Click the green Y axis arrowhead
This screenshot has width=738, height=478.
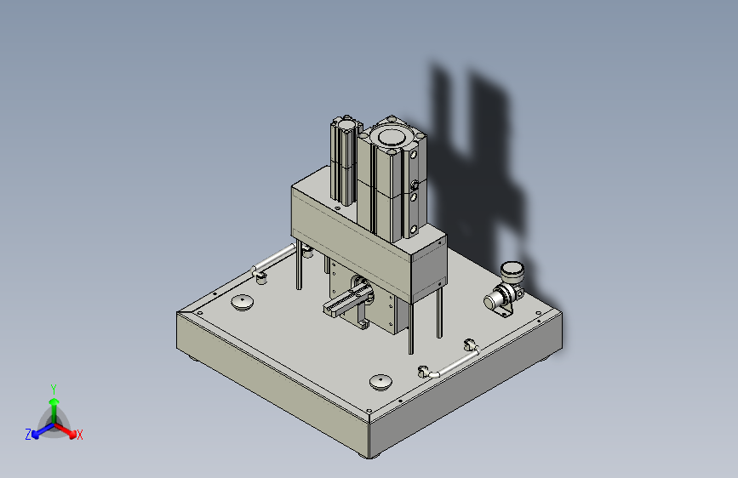tap(54, 401)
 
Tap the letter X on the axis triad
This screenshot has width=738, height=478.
tap(79, 435)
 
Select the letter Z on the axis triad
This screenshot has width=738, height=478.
tap(28, 435)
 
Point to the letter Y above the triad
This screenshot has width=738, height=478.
tap(54, 390)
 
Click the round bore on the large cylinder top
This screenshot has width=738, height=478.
tap(391, 138)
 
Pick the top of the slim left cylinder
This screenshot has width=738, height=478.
tap(347, 125)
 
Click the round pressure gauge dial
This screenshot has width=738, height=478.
tap(512, 271)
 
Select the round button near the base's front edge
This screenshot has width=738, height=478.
tap(380, 382)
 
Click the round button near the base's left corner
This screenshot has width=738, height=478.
tap(243, 302)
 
